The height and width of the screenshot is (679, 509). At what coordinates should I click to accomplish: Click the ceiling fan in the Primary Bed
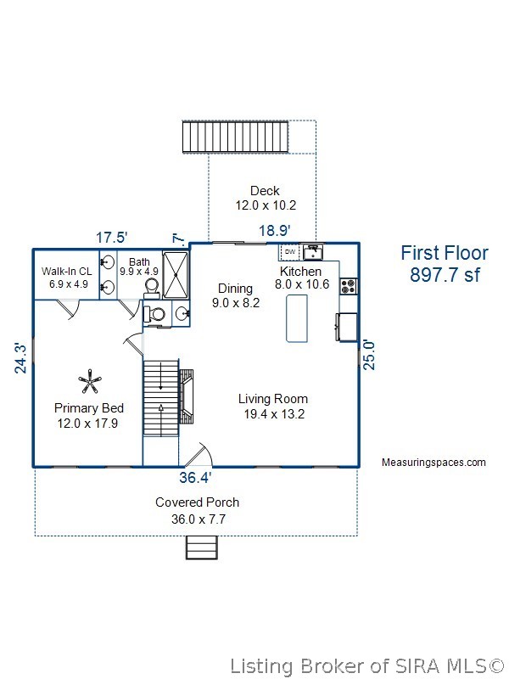[90, 382]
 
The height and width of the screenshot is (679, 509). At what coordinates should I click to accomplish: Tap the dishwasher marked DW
[290, 251]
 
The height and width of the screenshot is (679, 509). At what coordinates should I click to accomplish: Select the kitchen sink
[313, 251]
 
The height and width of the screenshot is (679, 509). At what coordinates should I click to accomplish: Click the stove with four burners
[349, 286]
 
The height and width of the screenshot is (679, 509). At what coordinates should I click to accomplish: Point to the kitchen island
[297, 318]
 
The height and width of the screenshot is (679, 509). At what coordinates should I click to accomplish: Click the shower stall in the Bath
[176, 274]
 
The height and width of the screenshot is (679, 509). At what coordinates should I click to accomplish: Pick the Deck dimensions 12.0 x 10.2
[266, 205]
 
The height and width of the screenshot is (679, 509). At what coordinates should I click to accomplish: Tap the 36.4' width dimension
[195, 477]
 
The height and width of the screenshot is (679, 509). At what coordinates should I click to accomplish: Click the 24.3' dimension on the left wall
[20, 358]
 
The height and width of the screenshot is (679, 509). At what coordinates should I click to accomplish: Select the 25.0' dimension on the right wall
[369, 355]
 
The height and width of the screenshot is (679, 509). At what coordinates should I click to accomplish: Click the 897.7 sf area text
[445, 274]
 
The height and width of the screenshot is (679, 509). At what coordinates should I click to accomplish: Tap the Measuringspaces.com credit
[433, 463]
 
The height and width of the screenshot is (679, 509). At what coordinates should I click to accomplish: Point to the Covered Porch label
[198, 502]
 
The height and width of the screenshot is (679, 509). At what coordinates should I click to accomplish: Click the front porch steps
[202, 547]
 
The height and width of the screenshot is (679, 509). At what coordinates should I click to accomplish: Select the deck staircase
[236, 137]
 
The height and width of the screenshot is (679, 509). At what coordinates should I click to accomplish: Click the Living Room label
[273, 399]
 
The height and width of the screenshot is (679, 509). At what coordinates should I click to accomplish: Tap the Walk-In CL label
[67, 272]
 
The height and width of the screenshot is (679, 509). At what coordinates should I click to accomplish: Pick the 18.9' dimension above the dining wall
[274, 230]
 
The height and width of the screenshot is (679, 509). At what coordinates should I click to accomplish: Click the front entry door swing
[196, 455]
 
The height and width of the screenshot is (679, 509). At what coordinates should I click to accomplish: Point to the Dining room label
[236, 289]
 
